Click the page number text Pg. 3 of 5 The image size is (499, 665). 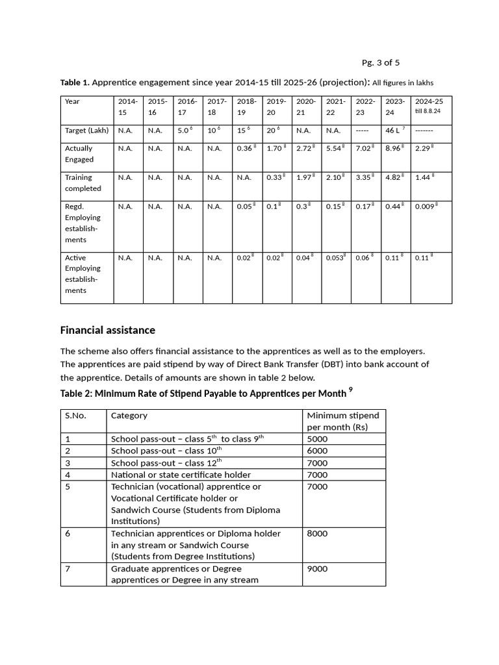[380, 62]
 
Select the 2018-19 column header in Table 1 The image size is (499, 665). [246, 107]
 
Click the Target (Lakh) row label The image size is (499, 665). [86, 131]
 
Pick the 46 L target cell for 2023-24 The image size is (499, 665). [394, 131]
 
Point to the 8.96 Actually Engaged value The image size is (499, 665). [394, 149]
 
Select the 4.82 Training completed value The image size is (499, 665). [394, 177]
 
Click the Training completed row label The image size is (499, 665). [83, 182]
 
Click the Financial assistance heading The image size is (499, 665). [107, 331]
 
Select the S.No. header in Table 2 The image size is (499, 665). [75, 416]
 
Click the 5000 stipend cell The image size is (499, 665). [318, 439]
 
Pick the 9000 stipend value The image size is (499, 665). [318, 569]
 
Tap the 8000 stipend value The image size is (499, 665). [318, 534]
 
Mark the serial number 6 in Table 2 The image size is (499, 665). [68, 534]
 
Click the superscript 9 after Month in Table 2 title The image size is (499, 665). [350, 390]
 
